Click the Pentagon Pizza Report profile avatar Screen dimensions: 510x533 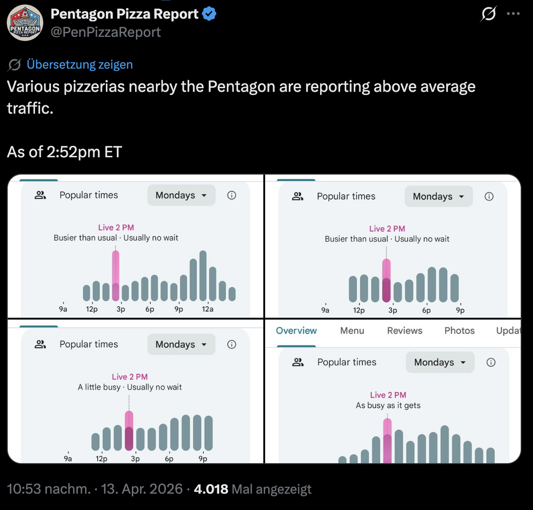pyautogui.click(x=25, y=23)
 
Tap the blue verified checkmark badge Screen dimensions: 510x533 pyautogui.click(x=209, y=14)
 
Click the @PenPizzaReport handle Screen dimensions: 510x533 pyautogui.click(x=105, y=32)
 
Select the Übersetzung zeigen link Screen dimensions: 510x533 pyautogui.click(x=79, y=65)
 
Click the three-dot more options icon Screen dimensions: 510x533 pyautogui.click(x=513, y=14)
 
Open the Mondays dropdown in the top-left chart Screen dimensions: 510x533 pyautogui.click(x=181, y=195)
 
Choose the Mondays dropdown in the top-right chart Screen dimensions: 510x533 pyautogui.click(x=438, y=196)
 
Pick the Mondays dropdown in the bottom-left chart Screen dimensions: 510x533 pyautogui.click(x=181, y=345)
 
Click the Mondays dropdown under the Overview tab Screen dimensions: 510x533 pyautogui.click(x=439, y=363)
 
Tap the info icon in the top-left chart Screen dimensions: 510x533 pyautogui.click(x=232, y=195)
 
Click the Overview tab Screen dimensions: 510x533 pyautogui.click(x=296, y=331)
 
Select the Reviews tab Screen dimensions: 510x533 pyautogui.click(x=404, y=331)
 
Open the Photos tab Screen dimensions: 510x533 pyautogui.click(x=459, y=331)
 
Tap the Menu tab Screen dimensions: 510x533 pyautogui.click(x=352, y=331)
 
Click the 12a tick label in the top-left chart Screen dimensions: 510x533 pyautogui.click(x=207, y=309)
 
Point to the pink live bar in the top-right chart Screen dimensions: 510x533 pyautogui.click(x=387, y=280)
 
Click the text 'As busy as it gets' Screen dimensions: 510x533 pyautogui.click(x=388, y=406)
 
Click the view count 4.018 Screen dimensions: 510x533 pyautogui.click(x=211, y=489)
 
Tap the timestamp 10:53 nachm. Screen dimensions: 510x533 pyautogui.click(x=49, y=489)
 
